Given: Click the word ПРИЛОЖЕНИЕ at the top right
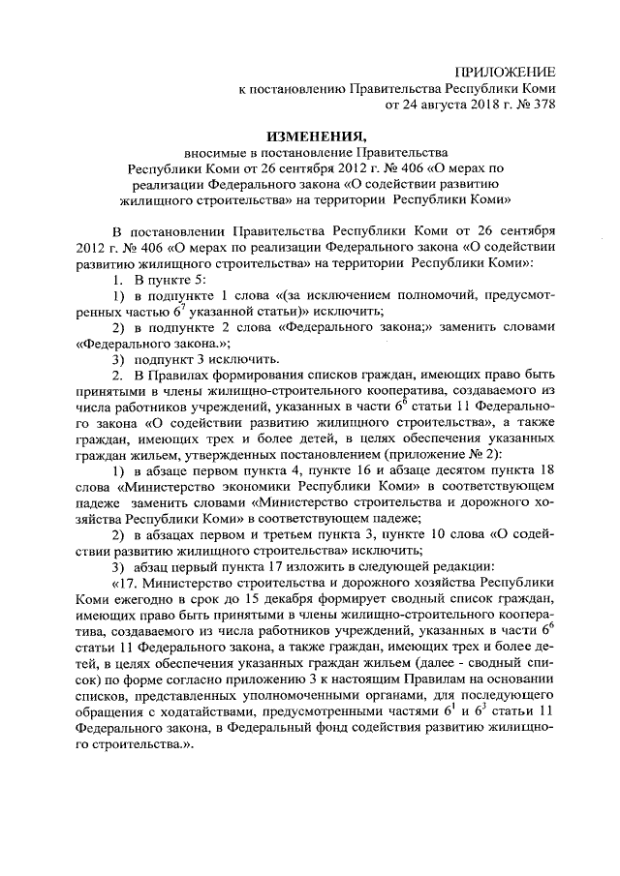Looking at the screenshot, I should point(508,74).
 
